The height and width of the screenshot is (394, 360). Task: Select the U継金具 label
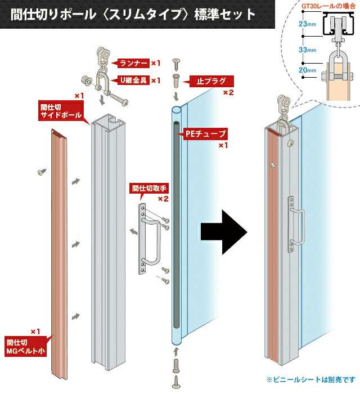tap(133, 80)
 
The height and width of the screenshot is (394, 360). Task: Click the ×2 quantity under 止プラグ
tap(228, 92)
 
